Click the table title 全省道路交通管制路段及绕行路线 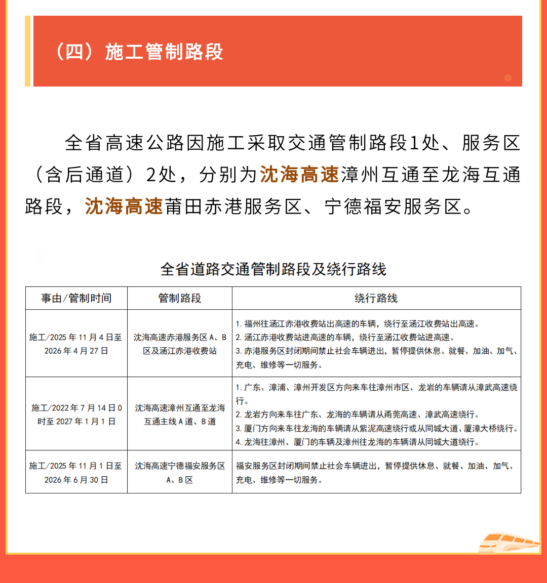(x=273, y=269)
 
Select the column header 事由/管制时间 (x=76, y=298)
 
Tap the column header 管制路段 (x=180, y=298)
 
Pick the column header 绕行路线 (x=376, y=298)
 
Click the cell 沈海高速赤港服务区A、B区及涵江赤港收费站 (x=180, y=344)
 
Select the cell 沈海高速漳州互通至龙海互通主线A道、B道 (x=180, y=414)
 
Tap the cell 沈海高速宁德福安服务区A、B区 (x=180, y=473)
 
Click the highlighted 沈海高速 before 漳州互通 (x=299, y=175)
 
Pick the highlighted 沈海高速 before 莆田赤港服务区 (x=124, y=206)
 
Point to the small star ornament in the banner (x=508, y=77)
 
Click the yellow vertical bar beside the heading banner (x=28, y=51)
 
